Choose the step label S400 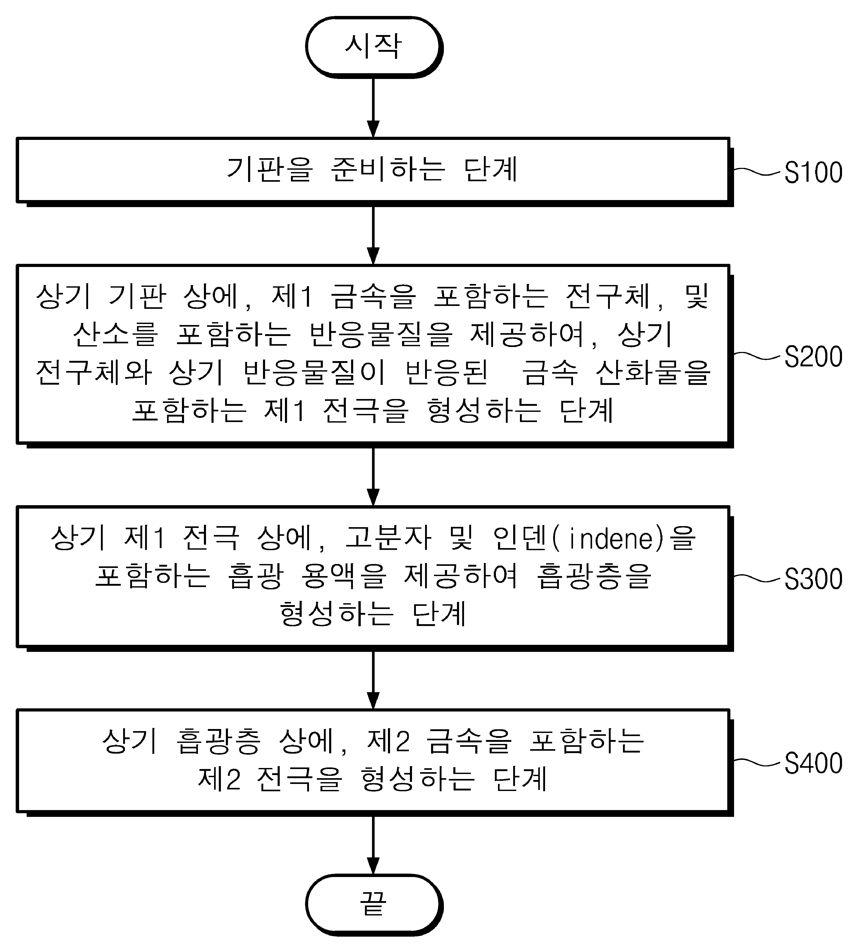[x=813, y=763]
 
